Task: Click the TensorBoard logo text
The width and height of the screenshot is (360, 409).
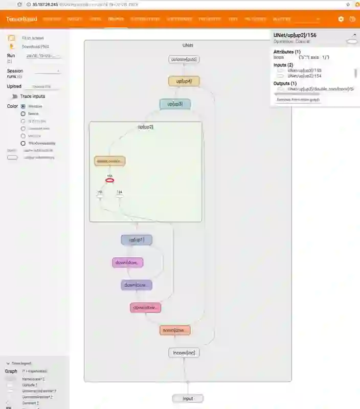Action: click(21, 19)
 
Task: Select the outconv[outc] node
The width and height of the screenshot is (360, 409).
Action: click(184, 59)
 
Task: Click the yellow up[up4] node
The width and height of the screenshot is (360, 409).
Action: click(184, 81)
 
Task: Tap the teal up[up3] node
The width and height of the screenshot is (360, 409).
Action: click(175, 104)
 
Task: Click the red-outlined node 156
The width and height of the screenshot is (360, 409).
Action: click(109, 180)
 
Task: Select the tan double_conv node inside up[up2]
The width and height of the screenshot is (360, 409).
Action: click(109, 161)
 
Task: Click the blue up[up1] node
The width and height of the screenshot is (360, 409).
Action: click(137, 240)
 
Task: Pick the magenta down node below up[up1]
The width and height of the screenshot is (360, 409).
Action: click(127, 263)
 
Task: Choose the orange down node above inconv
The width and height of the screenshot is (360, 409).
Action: click(175, 330)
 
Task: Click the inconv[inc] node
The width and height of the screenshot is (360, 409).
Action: click(184, 353)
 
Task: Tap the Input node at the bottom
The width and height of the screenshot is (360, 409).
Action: click(187, 398)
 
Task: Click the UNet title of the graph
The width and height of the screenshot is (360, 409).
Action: click(188, 46)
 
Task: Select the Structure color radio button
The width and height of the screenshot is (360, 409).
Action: click(23, 106)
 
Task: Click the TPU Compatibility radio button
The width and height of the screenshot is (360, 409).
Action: click(23, 144)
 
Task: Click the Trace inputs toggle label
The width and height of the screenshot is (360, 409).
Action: click(33, 96)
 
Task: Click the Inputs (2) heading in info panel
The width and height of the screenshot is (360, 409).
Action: click(287, 65)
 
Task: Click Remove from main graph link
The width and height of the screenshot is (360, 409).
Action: click(298, 100)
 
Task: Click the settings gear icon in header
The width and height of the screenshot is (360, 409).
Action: click(341, 19)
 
